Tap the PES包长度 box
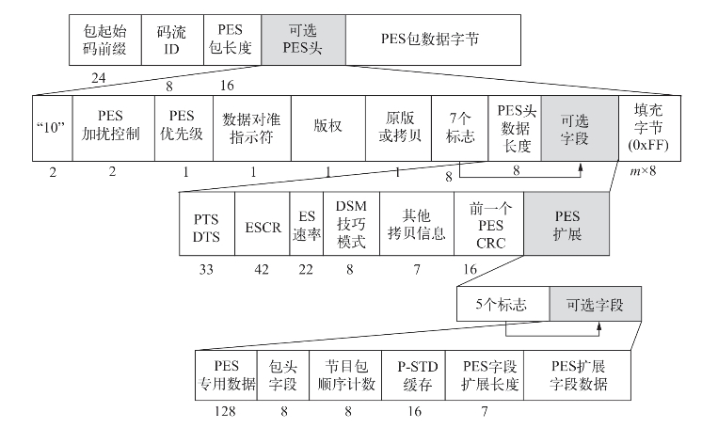(232, 40)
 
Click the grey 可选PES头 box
(303, 40)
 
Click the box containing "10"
(53, 127)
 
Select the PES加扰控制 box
(113, 127)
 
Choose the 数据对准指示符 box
(252, 127)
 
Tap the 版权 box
(327, 127)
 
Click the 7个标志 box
(460, 127)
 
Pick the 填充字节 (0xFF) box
(647, 127)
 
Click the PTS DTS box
(206, 227)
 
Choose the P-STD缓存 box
(415, 375)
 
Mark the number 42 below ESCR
(262, 268)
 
